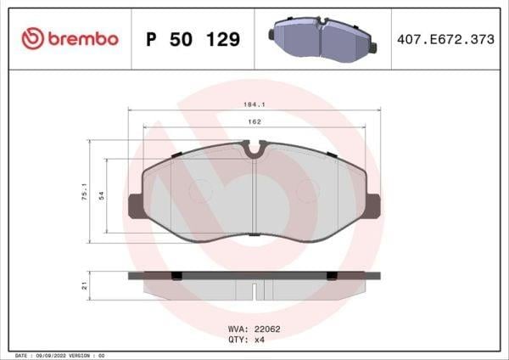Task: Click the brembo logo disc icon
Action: click(x=32, y=39)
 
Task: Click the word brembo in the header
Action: click(x=83, y=39)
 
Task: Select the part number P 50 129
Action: click(x=193, y=39)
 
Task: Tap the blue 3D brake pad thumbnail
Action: click(x=322, y=39)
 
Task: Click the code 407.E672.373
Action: click(x=445, y=39)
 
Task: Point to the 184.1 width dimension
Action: click(x=255, y=104)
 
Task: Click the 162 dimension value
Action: click(x=255, y=122)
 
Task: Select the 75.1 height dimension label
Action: click(x=84, y=192)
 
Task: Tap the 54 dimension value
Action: click(x=102, y=195)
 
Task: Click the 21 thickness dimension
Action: click(x=84, y=286)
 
